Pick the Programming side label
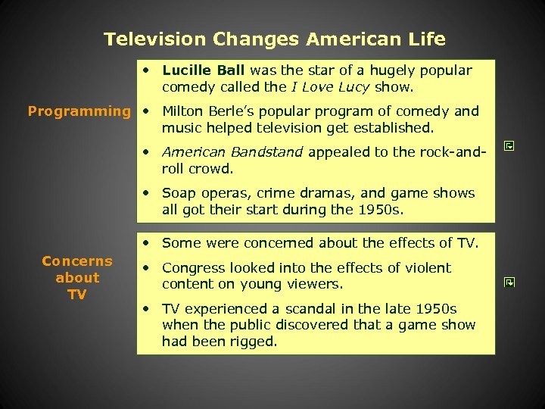(x=79, y=111)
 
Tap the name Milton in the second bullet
(x=185, y=111)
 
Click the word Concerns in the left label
(x=77, y=261)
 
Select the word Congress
(x=194, y=268)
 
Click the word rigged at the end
(x=254, y=342)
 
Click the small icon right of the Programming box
(x=509, y=144)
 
